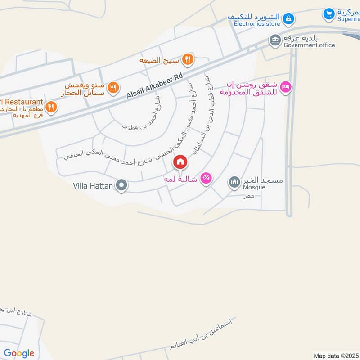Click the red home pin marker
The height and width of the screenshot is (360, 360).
pos(180,162)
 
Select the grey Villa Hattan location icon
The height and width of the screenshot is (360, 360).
pos(121,185)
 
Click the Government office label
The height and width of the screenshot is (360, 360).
pos(309,45)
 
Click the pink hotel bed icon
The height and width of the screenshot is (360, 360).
pos(285,87)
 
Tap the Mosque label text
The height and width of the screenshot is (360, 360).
pos(254,187)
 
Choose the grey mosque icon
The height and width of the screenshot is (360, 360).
pos(234,182)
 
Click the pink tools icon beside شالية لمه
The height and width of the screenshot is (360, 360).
pos(206,179)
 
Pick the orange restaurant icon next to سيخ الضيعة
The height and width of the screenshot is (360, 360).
pos(189,59)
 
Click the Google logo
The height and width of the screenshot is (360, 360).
pos(19,353)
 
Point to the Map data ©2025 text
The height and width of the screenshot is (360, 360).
pos(336,355)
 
